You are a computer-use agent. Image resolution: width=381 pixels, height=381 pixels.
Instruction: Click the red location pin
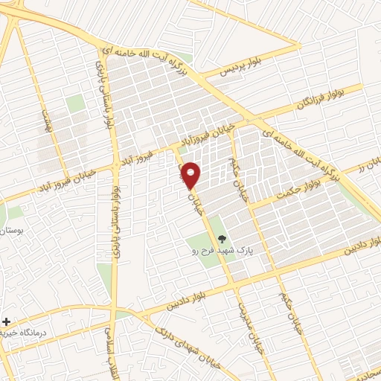click(191, 174)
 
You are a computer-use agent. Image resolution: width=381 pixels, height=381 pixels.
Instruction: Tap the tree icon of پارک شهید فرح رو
click(222, 239)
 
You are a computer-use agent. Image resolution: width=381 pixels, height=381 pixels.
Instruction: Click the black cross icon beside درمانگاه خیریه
click(7, 322)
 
